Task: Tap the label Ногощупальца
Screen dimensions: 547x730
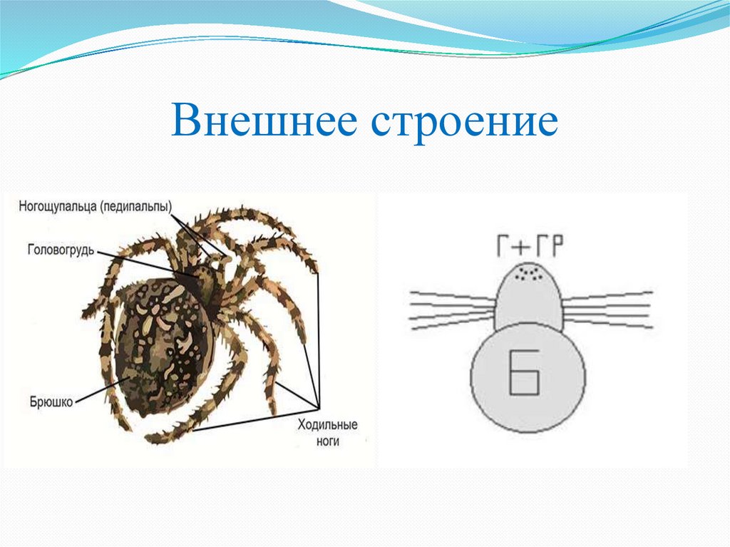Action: (x=56, y=207)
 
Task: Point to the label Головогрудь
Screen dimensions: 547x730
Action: (x=61, y=250)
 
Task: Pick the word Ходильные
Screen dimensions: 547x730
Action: (x=327, y=426)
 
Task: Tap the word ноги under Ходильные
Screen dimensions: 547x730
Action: (x=328, y=441)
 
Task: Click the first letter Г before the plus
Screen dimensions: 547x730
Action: (x=504, y=247)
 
